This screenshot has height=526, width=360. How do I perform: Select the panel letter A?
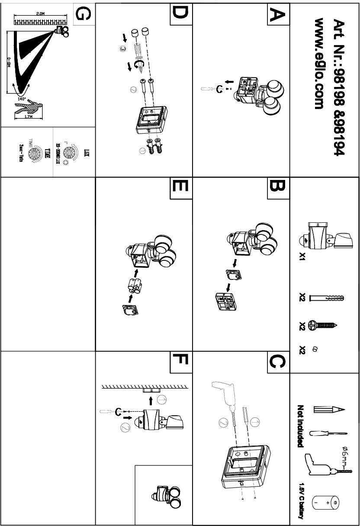(x=276, y=15)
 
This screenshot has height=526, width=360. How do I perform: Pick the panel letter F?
(x=179, y=362)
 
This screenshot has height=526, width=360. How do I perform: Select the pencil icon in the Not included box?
(x=328, y=409)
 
